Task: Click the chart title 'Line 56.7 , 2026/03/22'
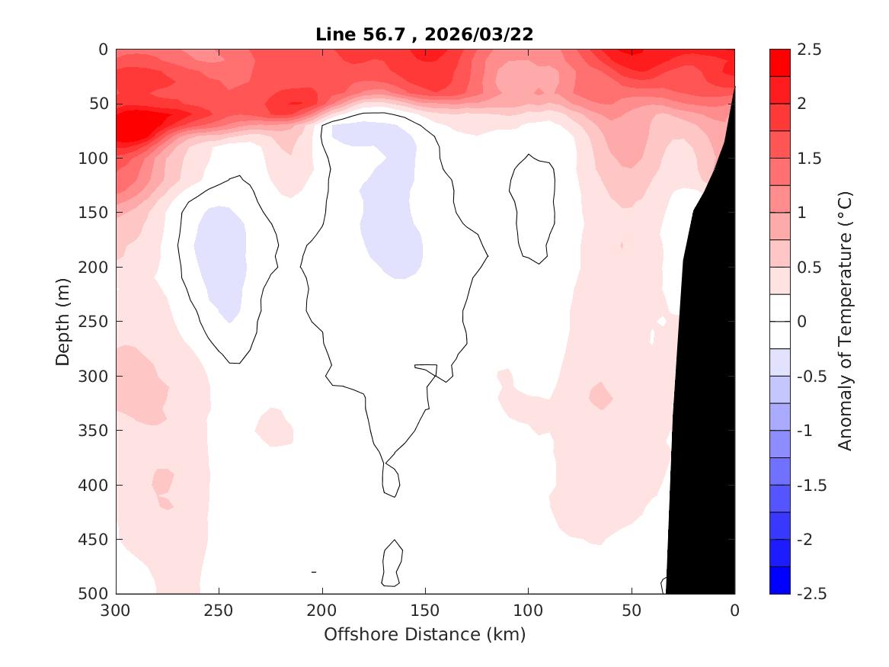coord(425,34)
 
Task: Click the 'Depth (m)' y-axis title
coord(63,321)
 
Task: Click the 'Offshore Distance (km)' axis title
coord(425,634)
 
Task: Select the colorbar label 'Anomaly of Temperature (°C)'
coord(844,321)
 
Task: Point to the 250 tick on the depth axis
coord(97,322)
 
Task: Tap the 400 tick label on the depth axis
coord(97,485)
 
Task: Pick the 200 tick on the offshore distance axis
coord(321,611)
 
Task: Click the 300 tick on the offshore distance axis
coord(116,611)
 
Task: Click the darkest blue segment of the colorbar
coord(780,580)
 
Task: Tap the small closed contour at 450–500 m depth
coord(392,564)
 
